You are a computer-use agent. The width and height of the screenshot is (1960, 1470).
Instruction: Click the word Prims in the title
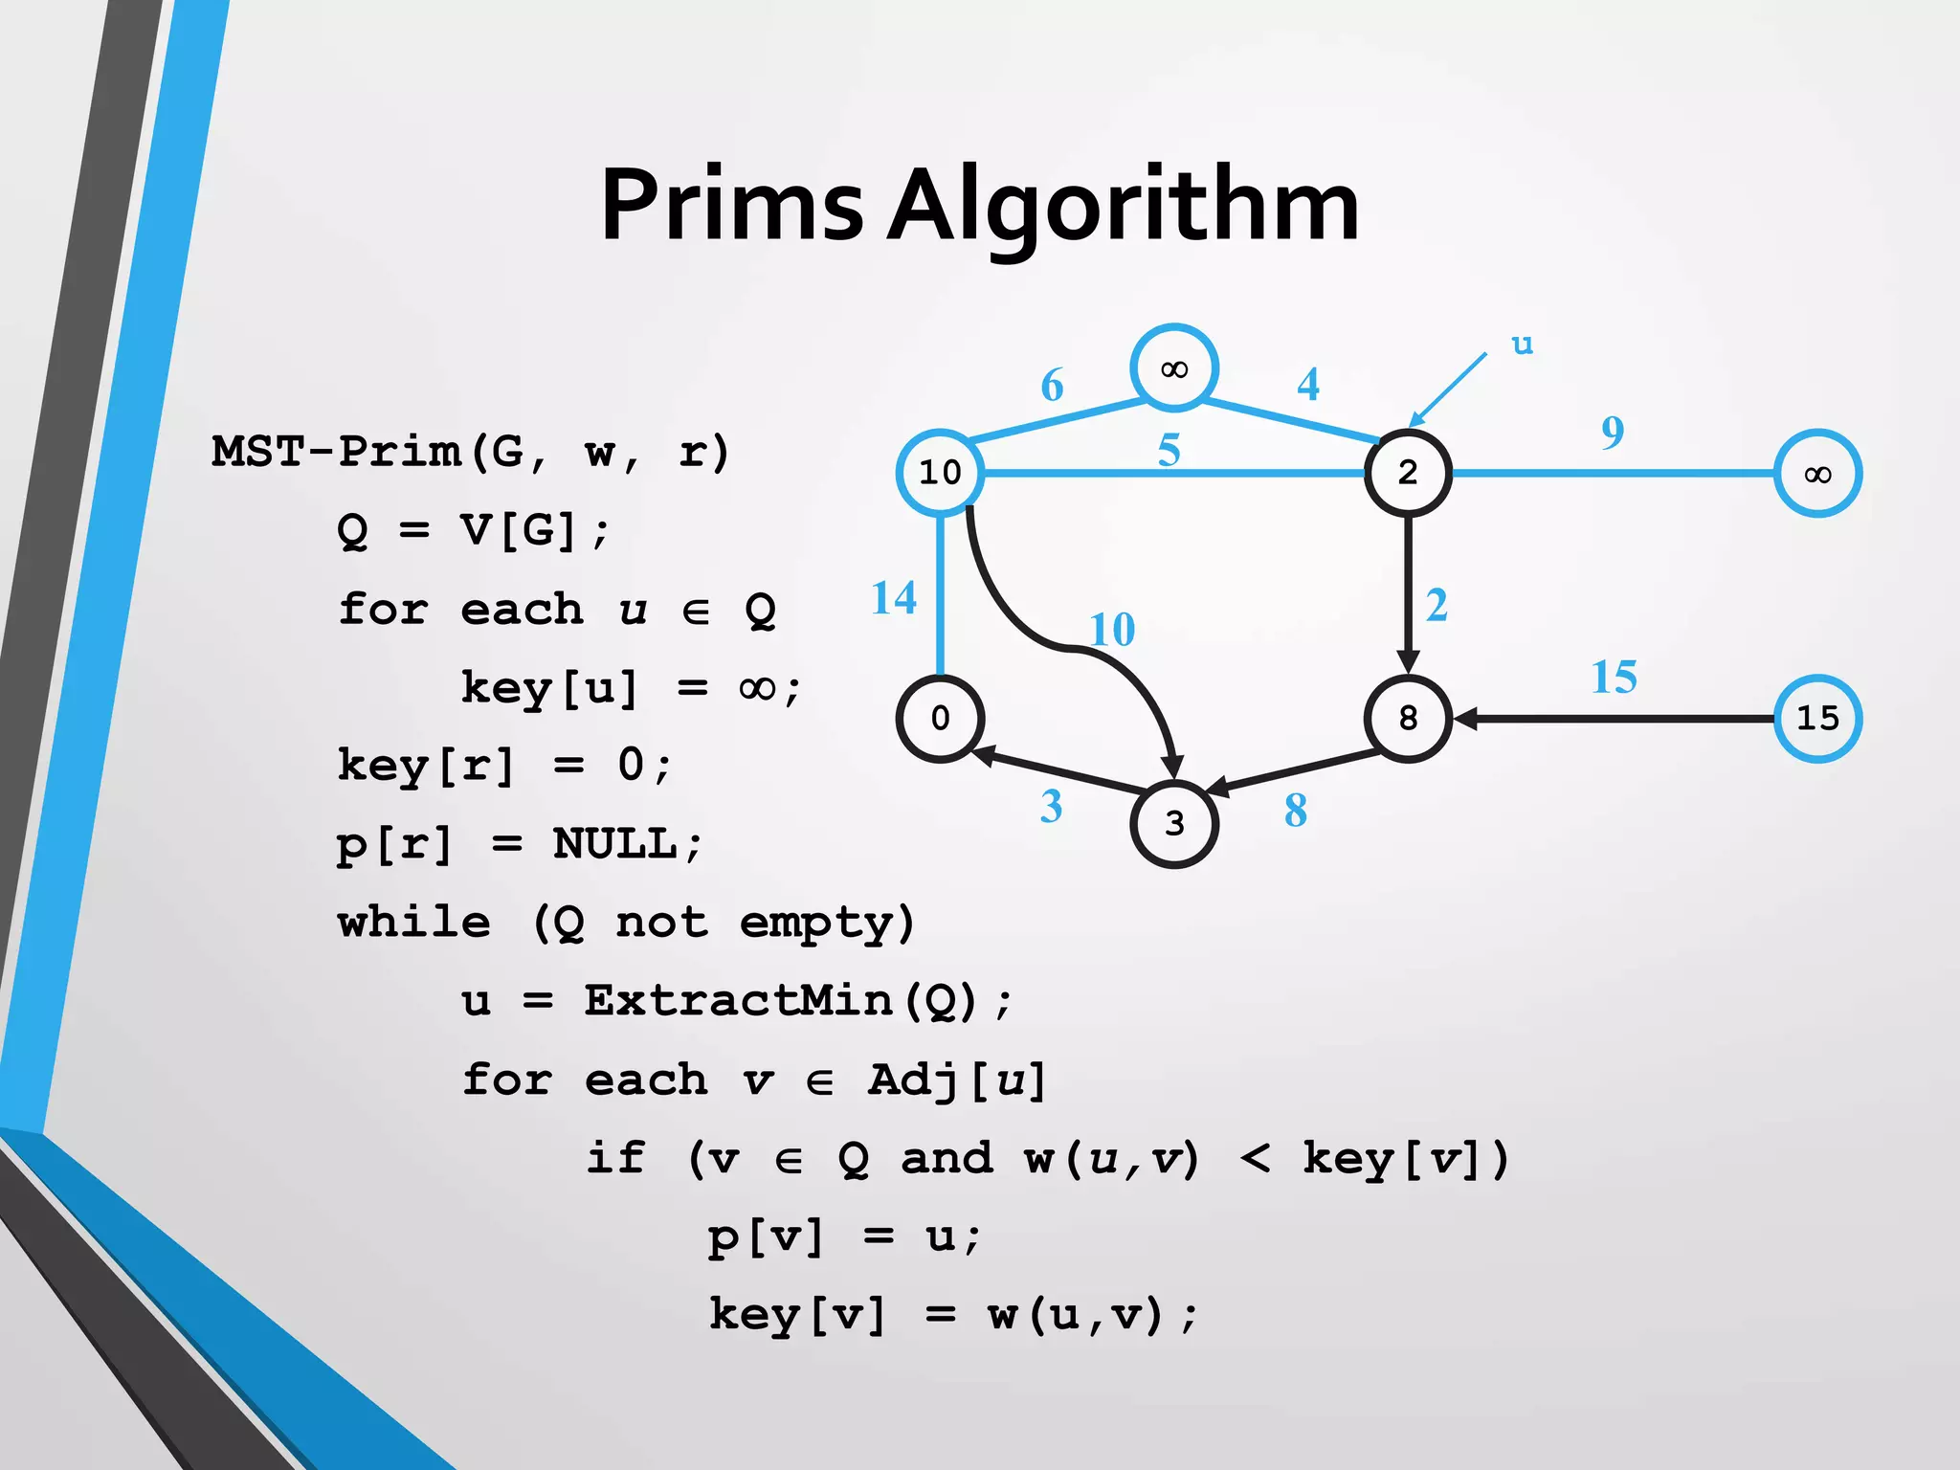pyautogui.click(x=731, y=206)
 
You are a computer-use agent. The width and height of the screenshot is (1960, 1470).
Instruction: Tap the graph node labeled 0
pyautogui.click(x=940, y=719)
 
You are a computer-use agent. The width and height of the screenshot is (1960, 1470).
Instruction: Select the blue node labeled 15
pyautogui.click(x=1816, y=719)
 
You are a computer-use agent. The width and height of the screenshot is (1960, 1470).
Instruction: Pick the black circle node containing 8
pyautogui.click(x=1407, y=719)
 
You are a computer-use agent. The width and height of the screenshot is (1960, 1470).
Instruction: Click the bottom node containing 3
pyautogui.click(x=1173, y=824)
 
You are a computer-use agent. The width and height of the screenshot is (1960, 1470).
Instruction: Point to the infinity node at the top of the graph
pyautogui.click(x=1173, y=368)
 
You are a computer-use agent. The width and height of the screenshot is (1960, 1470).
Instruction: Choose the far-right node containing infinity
pyautogui.click(x=1816, y=474)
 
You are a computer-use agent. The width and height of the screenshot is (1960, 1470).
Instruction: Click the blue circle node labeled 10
pyautogui.click(x=940, y=473)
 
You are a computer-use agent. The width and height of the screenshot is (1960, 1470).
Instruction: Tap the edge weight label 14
pyautogui.click(x=894, y=598)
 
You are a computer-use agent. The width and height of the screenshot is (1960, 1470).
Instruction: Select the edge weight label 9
pyautogui.click(x=1613, y=433)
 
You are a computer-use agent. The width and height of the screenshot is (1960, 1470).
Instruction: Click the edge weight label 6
pyautogui.click(x=1052, y=386)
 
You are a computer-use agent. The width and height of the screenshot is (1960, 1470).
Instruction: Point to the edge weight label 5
pyautogui.click(x=1169, y=450)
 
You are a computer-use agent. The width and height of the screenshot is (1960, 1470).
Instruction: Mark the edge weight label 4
pyautogui.click(x=1307, y=385)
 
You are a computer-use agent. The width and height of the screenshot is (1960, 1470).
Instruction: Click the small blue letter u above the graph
pyautogui.click(x=1522, y=344)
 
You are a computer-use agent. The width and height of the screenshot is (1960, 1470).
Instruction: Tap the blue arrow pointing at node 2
pyautogui.click(x=1447, y=390)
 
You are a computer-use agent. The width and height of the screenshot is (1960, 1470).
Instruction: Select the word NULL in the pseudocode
pyautogui.click(x=615, y=844)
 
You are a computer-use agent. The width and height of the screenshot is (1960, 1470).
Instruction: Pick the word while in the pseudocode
pyautogui.click(x=414, y=923)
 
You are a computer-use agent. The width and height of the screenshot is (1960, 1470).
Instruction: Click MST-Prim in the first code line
pyautogui.click(x=336, y=452)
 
